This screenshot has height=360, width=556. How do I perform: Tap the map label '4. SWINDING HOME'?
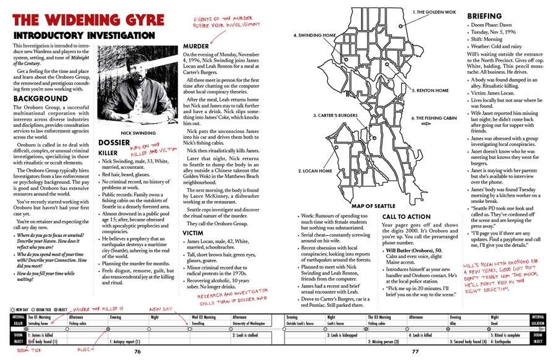[x=315, y=35]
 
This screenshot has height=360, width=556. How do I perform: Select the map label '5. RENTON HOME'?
[x=432, y=90]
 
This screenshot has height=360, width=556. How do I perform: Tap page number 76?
[x=138, y=352]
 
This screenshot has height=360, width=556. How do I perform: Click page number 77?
[x=416, y=352]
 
